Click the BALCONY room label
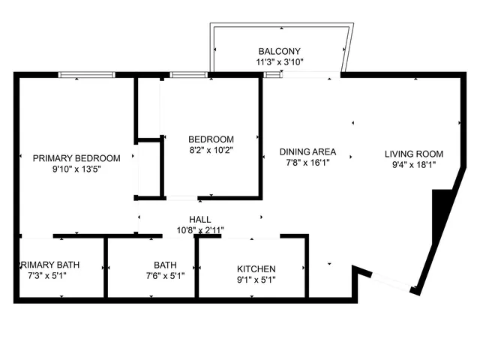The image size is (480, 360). tap(280, 50)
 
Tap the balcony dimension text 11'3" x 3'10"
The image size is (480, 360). tap(280, 62)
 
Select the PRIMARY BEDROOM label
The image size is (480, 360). tap(76, 158)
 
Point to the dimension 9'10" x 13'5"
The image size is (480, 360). tap(76, 170)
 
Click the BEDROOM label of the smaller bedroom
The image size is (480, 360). tap(211, 139)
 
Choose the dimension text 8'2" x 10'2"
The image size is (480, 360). tap(211, 151)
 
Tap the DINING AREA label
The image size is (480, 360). tap(307, 151)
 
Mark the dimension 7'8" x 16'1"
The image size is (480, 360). tap(307, 162)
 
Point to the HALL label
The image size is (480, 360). tap(199, 219)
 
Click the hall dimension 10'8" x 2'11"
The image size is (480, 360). tap(199, 230)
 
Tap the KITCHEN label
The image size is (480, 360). tap(256, 269)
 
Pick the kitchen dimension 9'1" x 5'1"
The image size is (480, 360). tap(256, 281)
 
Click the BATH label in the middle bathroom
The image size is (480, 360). tap(165, 265)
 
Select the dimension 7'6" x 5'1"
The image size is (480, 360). tap(165, 276)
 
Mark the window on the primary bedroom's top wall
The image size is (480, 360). tap(86, 74)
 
